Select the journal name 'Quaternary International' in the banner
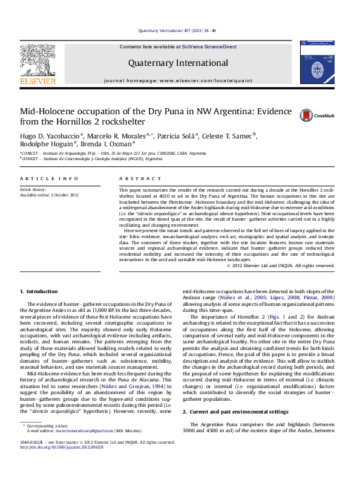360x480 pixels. pos(178,63)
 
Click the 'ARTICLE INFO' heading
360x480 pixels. pos(49,179)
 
